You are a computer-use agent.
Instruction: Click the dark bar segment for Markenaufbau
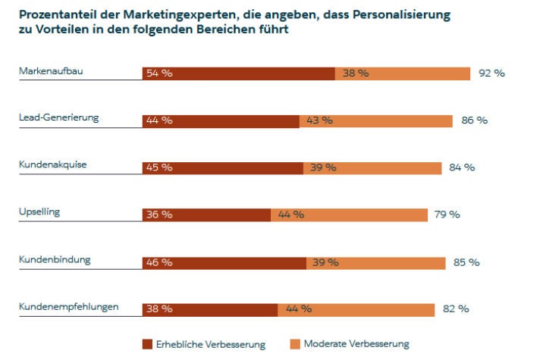(239, 74)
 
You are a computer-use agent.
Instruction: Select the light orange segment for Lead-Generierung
(376, 121)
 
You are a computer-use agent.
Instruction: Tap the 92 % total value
(491, 74)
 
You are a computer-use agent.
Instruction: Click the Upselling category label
(39, 211)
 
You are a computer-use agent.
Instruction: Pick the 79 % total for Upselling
(447, 214)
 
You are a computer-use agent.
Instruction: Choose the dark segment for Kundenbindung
(224, 262)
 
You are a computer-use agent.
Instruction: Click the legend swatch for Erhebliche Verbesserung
(147, 344)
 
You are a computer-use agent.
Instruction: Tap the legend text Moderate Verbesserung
(356, 344)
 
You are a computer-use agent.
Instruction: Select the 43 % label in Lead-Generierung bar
(319, 121)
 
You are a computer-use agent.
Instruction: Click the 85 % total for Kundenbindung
(466, 262)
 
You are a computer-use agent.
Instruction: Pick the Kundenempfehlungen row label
(68, 306)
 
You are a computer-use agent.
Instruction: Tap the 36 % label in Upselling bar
(159, 214)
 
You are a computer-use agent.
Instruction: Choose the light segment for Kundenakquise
(372, 167)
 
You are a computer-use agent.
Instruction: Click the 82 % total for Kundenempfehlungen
(455, 309)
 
